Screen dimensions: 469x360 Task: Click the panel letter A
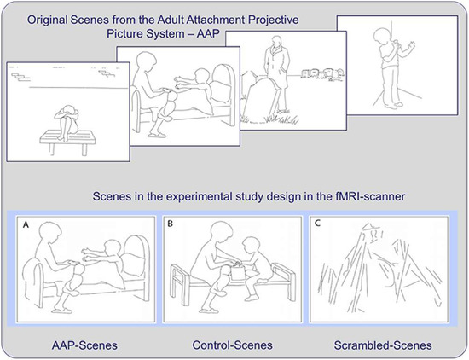26,224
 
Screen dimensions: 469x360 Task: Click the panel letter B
171,224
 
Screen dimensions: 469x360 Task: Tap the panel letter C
318,224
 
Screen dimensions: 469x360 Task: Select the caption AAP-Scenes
84,345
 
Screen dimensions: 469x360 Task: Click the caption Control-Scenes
233,345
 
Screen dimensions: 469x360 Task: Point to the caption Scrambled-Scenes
383,345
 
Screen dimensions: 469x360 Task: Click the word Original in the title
47,20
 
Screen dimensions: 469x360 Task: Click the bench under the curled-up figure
67,142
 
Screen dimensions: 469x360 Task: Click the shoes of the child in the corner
393,105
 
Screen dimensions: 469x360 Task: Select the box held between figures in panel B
239,271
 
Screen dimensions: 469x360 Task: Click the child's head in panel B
252,245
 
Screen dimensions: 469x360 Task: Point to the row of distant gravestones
322,74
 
